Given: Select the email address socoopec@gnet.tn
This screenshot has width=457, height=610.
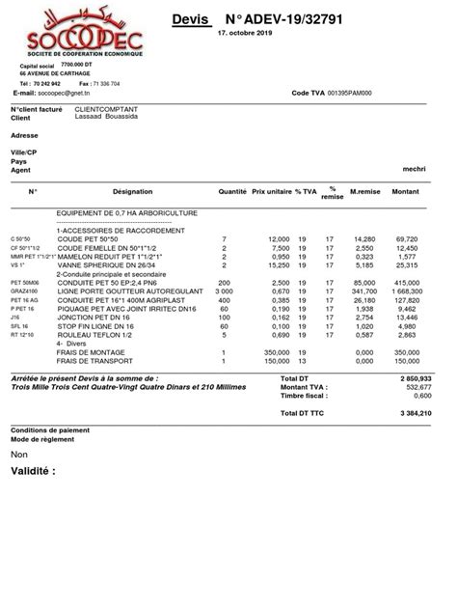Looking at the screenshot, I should pyautogui.click(x=85, y=91).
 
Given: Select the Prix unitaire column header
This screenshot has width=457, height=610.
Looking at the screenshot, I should pyautogui.click(x=271, y=192).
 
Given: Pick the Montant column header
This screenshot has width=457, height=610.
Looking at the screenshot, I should pyautogui.click(x=406, y=192).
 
